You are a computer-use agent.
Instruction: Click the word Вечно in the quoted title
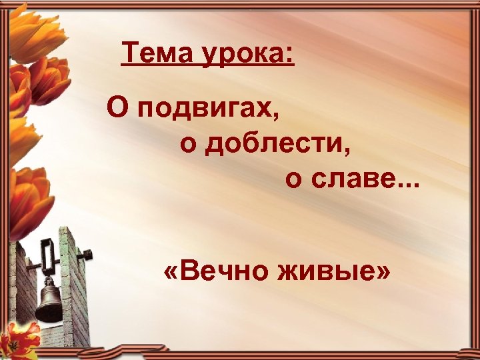point(217,273)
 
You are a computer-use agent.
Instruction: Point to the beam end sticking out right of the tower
point(85,254)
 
